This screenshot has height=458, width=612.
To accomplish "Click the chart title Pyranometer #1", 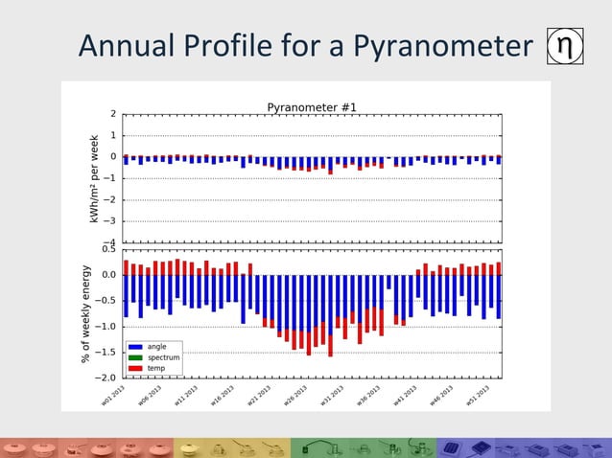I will [312, 106].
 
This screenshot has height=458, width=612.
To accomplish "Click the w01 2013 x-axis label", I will [116, 394].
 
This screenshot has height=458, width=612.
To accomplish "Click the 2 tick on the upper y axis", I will [113, 113].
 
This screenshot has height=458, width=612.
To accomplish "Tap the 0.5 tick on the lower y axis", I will [108, 249].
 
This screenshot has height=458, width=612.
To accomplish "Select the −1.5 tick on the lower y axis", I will [106, 353].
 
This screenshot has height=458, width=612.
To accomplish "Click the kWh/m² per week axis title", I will [95, 178].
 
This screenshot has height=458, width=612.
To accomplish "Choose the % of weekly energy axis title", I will [85, 313].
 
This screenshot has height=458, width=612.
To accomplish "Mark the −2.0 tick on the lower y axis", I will [106, 378].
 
